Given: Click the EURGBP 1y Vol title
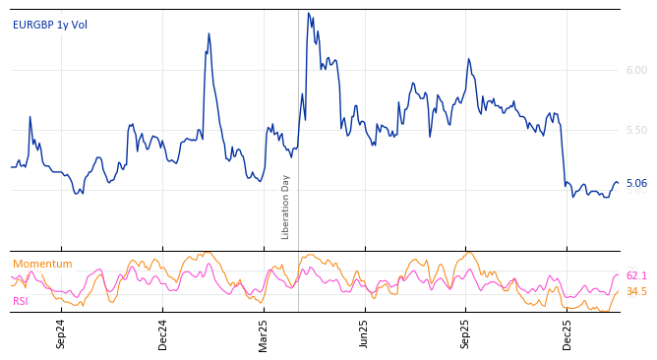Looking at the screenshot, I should pyautogui.click(x=49, y=25).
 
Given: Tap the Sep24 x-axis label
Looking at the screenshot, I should pyautogui.click(x=61, y=334).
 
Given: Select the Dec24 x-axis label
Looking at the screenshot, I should pyautogui.click(x=163, y=334).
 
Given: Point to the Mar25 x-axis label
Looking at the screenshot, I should pyautogui.click(x=264, y=334).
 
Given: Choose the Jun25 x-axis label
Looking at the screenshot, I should pyautogui.click(x=364, y=334).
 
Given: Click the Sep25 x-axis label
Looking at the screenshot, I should pyautogui.click(x=465, y=334).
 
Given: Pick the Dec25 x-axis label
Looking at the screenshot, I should pyautogui.click(x=567, y=334).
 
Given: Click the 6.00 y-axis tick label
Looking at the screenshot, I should pyautogui.click(x=636, y=70).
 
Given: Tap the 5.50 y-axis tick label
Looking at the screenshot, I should pyautogui.click(x=636, y=130).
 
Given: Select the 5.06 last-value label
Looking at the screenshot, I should pyautogui.click(x=636, y=183).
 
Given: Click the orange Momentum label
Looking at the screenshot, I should pyautogui.click(x=42, y=264).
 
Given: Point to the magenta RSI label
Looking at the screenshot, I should pyautogui.click(x=21, y=301).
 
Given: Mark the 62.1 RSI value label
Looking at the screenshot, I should pyautogui.click(x=636, y=276).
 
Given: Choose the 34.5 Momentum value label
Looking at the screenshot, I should pyautogui.click(x=636, y=291).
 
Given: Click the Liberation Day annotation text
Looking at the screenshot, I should pyautogui.click(x=286, y=207).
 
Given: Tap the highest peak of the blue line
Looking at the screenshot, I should pyautogui.click(x=308, y=13).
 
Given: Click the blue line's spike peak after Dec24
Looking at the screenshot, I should pyautogui.click(x=209, y=33).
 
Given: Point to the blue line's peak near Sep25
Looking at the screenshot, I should pyautogui.click(x=468, y=59).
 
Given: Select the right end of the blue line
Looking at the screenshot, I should pyautogui.click(x=619, y=183).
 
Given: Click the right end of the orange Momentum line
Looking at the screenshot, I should pyautogui.click(x=619, y=291).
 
